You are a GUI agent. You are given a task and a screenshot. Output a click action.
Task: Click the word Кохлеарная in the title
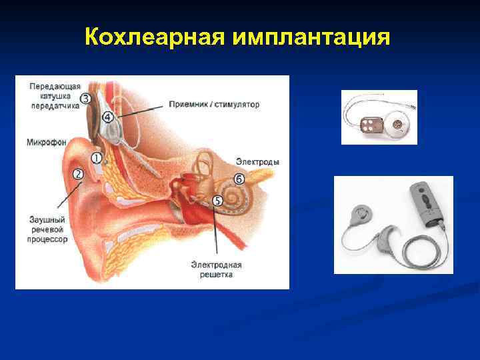point(155,37)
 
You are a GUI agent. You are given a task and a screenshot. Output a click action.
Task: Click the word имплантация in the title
point(311,37)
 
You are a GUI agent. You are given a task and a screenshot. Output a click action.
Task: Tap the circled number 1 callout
point(97,158)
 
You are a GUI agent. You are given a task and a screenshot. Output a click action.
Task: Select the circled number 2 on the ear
point(79,174)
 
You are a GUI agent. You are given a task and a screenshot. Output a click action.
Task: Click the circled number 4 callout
point(108,117)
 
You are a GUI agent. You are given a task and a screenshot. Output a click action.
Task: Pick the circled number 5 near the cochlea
point(217,200)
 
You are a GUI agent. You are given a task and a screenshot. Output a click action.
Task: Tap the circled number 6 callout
point(239,179)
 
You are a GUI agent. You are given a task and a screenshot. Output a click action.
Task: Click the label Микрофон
point(46,142)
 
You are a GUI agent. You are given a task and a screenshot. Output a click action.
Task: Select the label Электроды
point(257,162)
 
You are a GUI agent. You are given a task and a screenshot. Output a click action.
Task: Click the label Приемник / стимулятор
point(214,105)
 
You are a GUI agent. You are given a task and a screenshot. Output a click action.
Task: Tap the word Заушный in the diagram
point(47,220)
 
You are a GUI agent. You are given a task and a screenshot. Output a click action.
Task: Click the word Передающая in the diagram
point(55,86)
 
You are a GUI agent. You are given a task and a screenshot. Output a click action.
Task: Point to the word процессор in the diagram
point(47,239)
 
